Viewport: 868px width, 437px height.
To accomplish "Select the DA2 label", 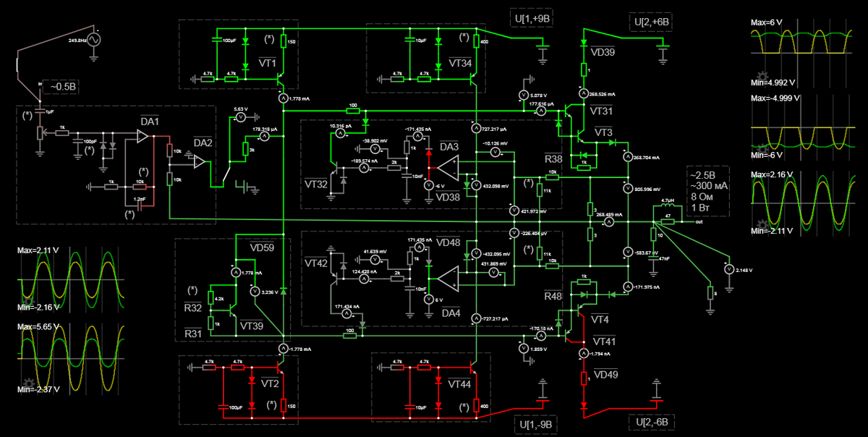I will coord(203,143).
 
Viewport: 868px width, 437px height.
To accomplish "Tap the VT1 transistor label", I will coord(268,64).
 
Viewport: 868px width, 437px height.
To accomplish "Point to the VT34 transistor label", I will coord(460,64).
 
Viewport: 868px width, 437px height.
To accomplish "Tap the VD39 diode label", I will coord(603,53).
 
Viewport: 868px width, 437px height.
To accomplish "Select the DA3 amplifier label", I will coord(449,147).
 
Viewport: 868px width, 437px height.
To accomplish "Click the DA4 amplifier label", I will coord(451,313).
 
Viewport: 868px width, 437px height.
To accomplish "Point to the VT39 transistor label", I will coord(251,326).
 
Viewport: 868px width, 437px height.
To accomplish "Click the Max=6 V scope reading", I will coord(767,23).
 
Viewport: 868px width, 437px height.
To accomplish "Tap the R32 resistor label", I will coord(192,307).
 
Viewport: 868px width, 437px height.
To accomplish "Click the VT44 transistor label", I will coord(460,384).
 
